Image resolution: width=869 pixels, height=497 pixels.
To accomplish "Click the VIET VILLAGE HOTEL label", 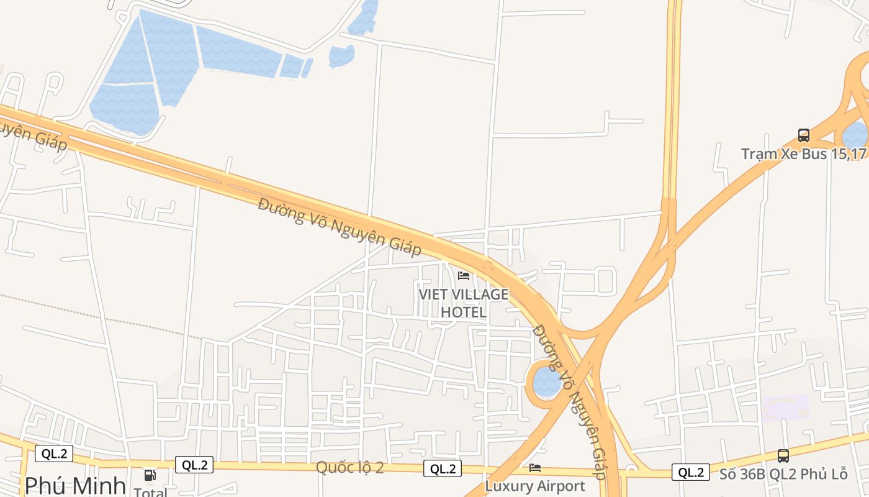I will [x=463, y=303].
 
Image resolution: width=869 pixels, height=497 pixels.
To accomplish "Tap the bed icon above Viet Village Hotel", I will [x=464, y=275].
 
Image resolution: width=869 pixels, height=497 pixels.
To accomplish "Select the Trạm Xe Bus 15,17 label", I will [x=804, y=153].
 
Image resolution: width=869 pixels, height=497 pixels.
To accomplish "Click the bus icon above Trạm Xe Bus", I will [x=803, y=135].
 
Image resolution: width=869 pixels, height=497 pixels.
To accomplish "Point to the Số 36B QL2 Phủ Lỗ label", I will [x=783, y=474].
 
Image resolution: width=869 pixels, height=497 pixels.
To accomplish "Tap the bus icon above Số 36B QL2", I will [x=783, y=456].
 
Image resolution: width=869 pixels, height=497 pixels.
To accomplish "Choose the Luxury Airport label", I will [x=535, y=486].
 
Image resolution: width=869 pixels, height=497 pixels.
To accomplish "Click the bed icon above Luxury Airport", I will [x=535, y=468].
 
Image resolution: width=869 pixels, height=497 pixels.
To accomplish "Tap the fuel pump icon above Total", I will [x=150, y=475].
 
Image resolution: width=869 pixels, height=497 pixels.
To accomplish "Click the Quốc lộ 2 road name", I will [x=350, y=468].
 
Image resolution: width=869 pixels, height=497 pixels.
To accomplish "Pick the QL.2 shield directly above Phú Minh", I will [x=54, y=454].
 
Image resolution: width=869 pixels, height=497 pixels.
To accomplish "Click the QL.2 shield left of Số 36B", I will [x=690, y=472].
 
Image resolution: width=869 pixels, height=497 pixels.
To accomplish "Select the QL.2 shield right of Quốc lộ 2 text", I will [x=443, y=469].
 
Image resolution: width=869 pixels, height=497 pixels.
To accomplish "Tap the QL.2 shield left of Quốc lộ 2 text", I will [x=194, y=465].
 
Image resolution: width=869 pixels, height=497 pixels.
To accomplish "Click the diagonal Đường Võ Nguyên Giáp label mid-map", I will [x=340, y=227].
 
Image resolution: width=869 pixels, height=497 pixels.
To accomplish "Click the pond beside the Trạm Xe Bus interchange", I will [x=855, y=135].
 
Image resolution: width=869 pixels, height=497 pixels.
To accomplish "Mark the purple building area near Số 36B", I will [x=786, y=408].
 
